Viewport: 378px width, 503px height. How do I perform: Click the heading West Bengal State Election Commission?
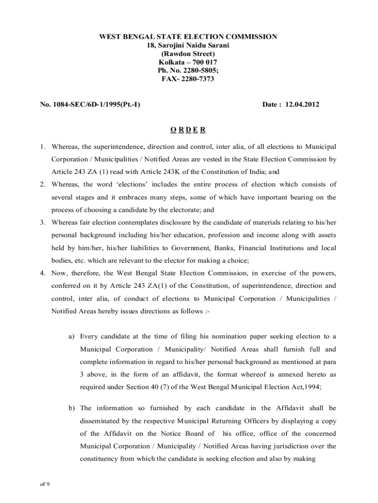[189, 37]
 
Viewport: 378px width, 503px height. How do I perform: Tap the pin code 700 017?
[202, 62]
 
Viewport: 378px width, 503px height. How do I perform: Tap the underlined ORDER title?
[188, 130]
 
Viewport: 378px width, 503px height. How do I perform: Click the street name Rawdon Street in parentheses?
[188, 54]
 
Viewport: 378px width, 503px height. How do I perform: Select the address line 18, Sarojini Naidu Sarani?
[189, 46]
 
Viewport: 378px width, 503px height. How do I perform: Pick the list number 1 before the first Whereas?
[43, 147]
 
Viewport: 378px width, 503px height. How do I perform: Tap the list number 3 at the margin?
[43, 223]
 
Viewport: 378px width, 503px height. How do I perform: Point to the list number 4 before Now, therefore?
[43, 274]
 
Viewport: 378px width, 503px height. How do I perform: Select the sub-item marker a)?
[72, 336]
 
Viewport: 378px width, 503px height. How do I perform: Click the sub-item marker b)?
[72, 408]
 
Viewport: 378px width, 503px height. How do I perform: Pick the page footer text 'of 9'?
[45, 484]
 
